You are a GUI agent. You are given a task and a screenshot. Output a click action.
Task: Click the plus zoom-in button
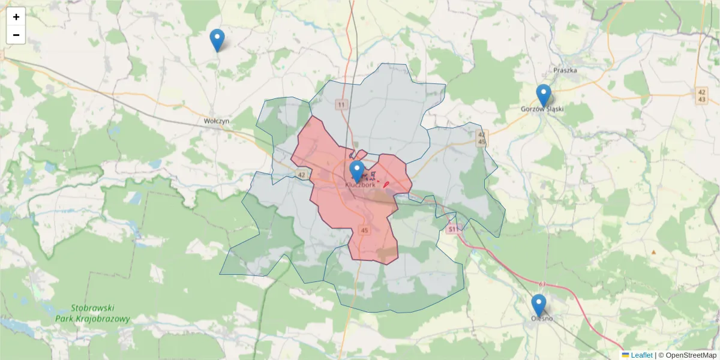click(x=16, y=17)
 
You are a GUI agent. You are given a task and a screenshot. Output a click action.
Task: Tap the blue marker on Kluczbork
click(x=357, y=171)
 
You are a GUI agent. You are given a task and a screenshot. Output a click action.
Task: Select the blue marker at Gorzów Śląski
click(x=544, y=95)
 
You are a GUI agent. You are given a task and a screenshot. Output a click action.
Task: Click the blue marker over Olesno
click(x=539, y=305)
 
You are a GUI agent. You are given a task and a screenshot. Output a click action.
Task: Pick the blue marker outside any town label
click(x=217, y=40)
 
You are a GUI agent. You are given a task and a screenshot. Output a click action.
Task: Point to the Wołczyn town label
click(x=217, y=121)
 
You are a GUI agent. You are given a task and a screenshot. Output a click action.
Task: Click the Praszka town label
click(x=565, y=70)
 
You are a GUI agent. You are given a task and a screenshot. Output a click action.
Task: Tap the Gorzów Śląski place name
click(x=543, y=109)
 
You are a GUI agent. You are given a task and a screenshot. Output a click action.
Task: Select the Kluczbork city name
click(x=361, y=185)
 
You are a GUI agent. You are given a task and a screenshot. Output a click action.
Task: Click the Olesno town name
click(x=542, y=319)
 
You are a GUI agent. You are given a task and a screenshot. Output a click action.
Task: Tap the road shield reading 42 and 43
click(x=702, y=95)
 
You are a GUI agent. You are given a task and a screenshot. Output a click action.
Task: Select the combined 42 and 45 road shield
click(x=481, y=138)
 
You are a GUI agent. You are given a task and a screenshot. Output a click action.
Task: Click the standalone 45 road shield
click(x=364, y=230)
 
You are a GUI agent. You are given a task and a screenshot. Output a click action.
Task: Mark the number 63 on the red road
click(x=542, y=284)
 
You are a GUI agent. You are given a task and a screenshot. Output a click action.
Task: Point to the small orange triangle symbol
click(x=653, y=252)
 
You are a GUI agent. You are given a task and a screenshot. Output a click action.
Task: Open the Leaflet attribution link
click(x=641, y=355)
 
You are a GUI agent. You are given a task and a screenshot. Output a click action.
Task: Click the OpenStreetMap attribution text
click(x=688, y=355)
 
